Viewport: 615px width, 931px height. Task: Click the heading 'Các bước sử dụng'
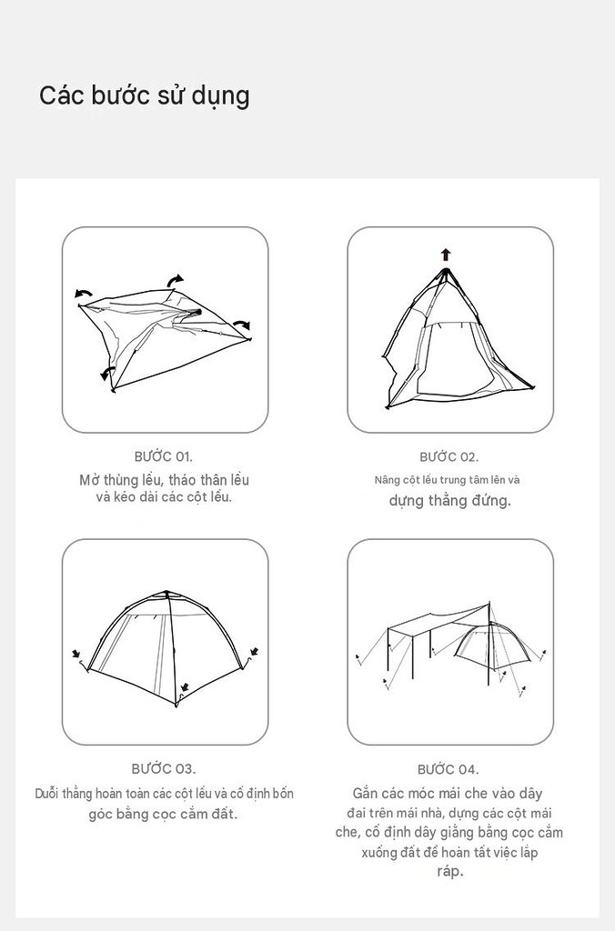click(x=145, y=96)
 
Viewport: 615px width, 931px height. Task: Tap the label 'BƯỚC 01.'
click(x=164, y=456)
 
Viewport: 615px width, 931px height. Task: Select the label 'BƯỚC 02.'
click(x=449, y=456)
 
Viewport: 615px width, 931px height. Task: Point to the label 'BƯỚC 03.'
click(x=164, y=769)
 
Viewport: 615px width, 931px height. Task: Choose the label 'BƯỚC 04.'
click(x=448, y=769)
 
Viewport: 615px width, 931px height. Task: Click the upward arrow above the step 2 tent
click(x=446, y=255)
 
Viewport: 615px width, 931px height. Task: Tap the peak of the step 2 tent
click(x=446, y=271)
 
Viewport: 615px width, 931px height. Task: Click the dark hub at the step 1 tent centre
click(x=197, y=312)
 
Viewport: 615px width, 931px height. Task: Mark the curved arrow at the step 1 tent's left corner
click(x=83, y=294)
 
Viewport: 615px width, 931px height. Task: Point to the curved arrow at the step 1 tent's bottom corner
click(x=106, y=373)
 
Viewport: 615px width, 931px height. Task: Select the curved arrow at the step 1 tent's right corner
click(x=242, y=324)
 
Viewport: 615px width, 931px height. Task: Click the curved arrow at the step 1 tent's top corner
click(x=176, y=279)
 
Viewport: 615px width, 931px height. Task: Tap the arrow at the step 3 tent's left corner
click(x=76, y=654)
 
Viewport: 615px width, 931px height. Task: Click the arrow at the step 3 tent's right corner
click(x=255, y=652)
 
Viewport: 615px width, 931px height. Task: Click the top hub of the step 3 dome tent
click(x=167, y=594)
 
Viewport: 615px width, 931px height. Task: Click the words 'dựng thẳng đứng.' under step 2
click(x=449, y=501)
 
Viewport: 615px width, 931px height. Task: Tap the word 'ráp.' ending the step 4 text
click(x=449, y=872)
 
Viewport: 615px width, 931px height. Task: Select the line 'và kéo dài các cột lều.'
click(x=164, y=497)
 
